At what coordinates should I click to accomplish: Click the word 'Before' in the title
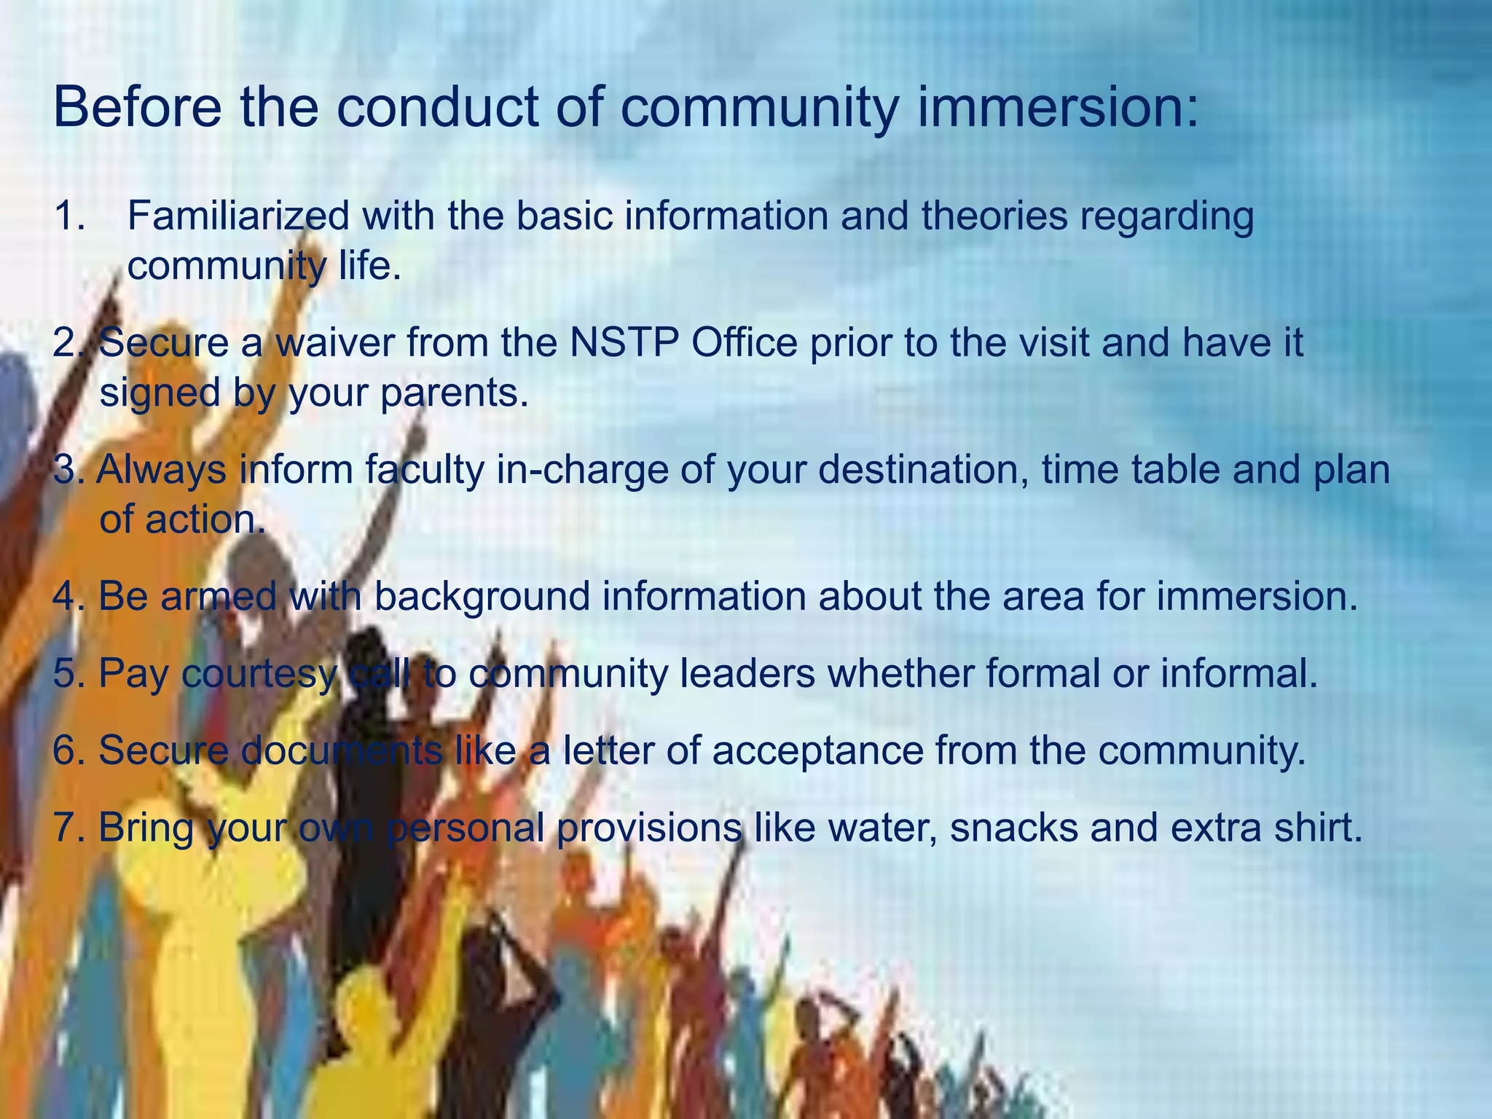[x=137, y=108]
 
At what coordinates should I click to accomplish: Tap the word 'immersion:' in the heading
[x=1057, y=108]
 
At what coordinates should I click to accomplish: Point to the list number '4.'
[x=68, y=597]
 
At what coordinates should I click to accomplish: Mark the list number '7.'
[x=68, y=828]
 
